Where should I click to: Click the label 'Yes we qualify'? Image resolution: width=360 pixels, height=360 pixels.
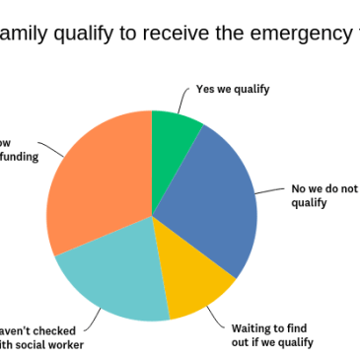tap(232, 89)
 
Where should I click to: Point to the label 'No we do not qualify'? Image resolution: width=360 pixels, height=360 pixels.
tap(324, 195)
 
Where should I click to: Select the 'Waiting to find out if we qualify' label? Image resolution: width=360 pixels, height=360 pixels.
tap(272, 335)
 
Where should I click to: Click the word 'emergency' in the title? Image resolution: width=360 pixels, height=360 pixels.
tap(296, 36)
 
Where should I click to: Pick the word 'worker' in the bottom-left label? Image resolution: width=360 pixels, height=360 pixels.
tap(64, 344)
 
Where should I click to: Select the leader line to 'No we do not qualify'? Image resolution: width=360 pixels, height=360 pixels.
tap(268, 189)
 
